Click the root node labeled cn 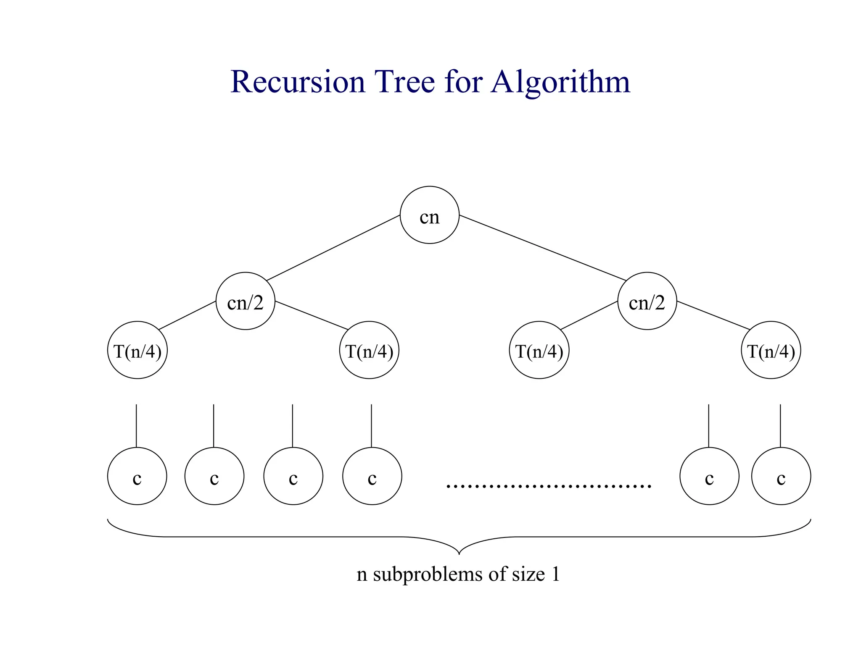(429, 215)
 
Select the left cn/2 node (245, 301)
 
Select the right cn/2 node (647, 301)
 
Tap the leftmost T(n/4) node (137, 350)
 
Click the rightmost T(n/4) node (771, 350)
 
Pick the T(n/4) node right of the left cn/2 (369, 350)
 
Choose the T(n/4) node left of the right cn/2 (539, 350)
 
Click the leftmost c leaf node (137, 476)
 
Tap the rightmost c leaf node (781, 476)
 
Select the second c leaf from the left (214, 476)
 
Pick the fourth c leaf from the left (372, 476)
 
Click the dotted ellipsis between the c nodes (549, 486)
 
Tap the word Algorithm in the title (560, 82)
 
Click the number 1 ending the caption (555, 574)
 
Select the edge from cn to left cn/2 (333, 248)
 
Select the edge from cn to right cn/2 (542, 248)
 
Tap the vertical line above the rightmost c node (780, 425)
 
